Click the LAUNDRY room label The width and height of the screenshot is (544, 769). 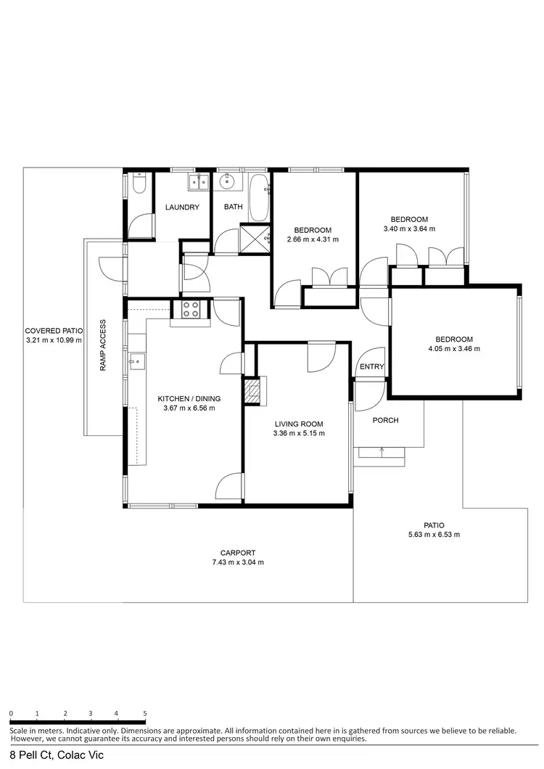point(182,207)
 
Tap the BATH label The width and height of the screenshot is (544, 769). point(233,207)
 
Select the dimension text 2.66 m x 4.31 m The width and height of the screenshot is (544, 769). point(313,239)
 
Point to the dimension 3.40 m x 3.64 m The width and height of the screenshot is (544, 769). point(409,229)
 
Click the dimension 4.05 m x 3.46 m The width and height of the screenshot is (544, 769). point(454,348)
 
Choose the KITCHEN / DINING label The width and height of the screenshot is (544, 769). point(189,398)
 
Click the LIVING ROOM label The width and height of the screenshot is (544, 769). point(298,424)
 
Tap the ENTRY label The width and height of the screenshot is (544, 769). point(371,367)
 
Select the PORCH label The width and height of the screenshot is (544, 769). point(385,420)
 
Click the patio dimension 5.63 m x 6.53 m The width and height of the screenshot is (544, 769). point(434,535)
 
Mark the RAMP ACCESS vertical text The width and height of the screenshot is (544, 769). point(103,345)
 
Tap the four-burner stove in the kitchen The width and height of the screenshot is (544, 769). point(190,310)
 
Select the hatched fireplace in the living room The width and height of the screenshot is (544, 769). point(251,392)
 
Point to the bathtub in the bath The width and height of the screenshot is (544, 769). point(258,197)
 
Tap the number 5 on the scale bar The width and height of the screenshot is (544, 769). point(145,713)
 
